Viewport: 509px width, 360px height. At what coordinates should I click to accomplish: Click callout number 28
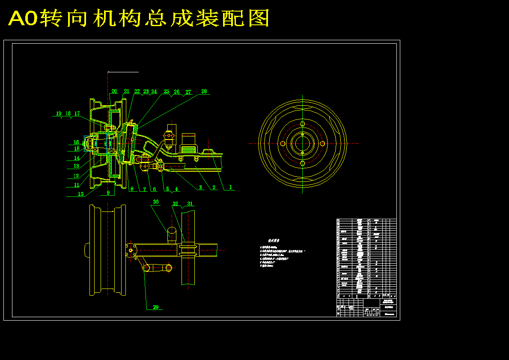pyautogui.click(x=204, y=91)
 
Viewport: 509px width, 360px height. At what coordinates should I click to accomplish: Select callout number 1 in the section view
pyautogui.click(x=230, y=187)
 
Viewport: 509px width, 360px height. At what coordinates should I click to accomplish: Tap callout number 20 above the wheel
pyautogui.click(x=114, y=91)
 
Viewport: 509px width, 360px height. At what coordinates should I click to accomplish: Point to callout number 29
pyautogui.click(x=156, y=307)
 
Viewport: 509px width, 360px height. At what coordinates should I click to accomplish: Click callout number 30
pyautogui.click(x=156, y=202)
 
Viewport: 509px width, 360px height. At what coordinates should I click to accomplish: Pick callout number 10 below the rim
pyautogui.click(x=80, y=193)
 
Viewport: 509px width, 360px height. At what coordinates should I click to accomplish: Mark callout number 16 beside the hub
pyautogui.click(x=76, y=142)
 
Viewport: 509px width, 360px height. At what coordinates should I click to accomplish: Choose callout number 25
pyautogui.click(x=167, y=92)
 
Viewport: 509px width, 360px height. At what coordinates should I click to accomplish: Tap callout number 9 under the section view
pyautogui.click(x=108, y=193)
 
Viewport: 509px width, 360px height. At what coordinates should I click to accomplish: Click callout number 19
pyautogui.click(x=59, y=113)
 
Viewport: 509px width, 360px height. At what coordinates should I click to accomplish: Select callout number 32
pyautogui.click(x=175, y=204)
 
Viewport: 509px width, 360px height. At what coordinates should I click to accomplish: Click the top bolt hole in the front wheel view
pyautogui.click(x=302, y=124)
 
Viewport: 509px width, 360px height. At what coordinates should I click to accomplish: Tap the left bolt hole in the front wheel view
pyautogui.click(x=283, y=143)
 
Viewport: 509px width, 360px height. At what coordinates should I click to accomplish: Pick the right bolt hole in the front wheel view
pyautogui.click(x=322, y=143)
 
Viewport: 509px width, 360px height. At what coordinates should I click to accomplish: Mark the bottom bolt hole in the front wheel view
pyautogui.click(x=302, y=163)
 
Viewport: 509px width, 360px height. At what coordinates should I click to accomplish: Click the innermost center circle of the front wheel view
pyautogui.click(x=302, y=143)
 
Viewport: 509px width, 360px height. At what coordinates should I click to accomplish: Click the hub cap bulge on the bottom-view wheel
pyautogui.click(x=86, y=250)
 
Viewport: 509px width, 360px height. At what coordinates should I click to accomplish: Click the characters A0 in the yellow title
pyautogui.click(x=23, y=18)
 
